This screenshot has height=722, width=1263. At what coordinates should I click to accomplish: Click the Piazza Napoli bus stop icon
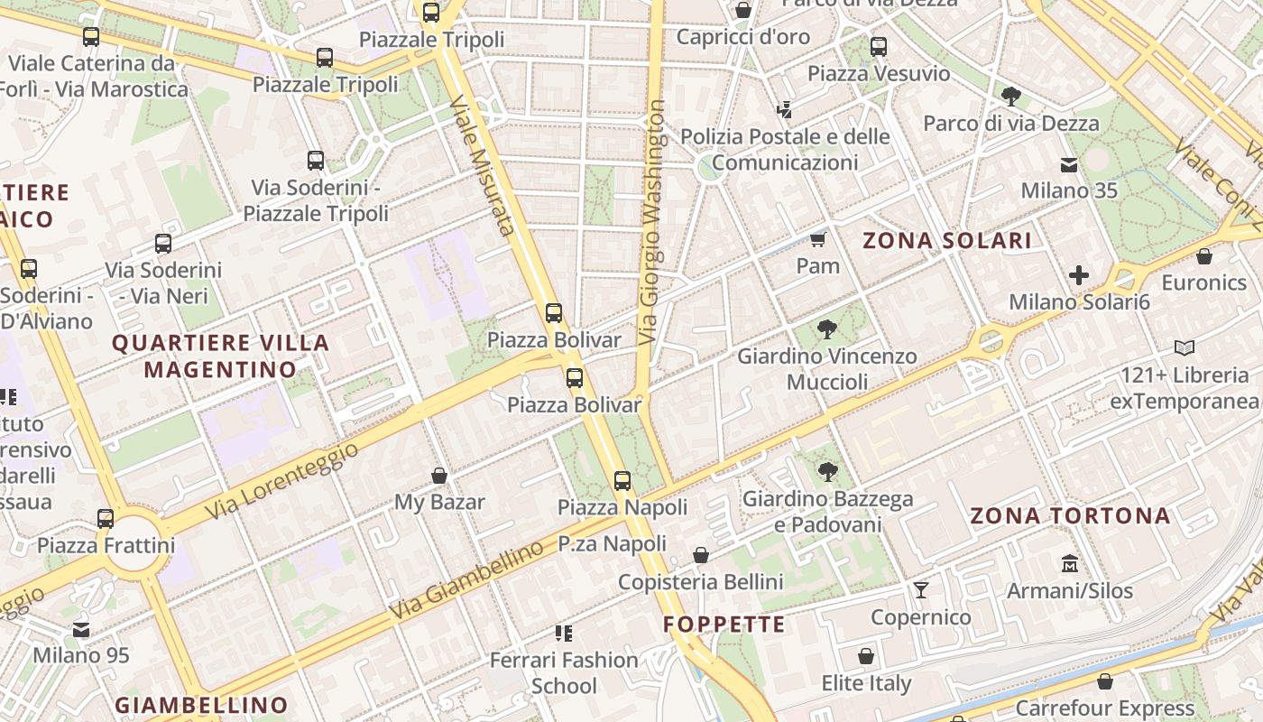pos(622,481)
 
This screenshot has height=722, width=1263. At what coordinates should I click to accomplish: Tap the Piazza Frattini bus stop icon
pos(106,519)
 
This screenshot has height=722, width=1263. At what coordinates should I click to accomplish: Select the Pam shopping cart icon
pos(818,239)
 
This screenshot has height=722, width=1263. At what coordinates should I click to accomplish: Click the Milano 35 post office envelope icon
pos(1069,164)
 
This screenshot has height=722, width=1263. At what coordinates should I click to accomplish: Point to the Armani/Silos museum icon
pos(1070,563)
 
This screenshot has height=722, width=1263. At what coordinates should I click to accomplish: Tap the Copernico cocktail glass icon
pos(920,590)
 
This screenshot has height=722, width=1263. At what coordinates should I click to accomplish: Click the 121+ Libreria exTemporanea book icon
pos(1185,347)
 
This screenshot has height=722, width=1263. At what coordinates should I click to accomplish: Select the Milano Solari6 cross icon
pos(1079,274)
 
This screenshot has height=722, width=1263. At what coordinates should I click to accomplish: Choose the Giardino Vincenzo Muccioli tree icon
pos(826,329)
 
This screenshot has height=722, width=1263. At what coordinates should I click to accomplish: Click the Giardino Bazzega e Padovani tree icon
pos(826,471)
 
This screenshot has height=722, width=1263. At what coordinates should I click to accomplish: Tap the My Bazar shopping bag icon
pos(439,476)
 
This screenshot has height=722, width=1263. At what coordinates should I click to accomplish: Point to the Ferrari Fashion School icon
pos(564,634)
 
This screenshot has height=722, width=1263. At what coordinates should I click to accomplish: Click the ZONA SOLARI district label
pos(946,241)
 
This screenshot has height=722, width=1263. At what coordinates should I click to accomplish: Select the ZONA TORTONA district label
pos(1070,516)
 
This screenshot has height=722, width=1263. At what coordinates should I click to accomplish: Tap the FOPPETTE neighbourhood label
pos(724,625)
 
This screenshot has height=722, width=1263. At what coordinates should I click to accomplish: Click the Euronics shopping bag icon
pos(1204,257)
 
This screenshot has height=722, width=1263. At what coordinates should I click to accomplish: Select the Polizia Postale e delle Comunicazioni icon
pos(784,110)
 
